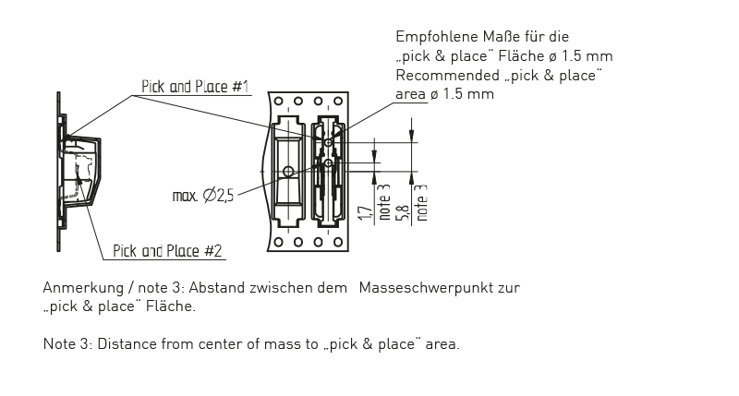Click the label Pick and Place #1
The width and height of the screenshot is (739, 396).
point(195,88)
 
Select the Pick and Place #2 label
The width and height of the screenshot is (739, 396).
point(167,250)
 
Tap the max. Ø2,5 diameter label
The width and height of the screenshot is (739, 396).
point(203,196)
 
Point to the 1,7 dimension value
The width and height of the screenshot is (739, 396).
point(363,213)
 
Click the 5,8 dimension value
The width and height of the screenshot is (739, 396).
point(402,213)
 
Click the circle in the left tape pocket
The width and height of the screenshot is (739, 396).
point(289,171)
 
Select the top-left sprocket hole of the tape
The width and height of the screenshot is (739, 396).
point(279,101)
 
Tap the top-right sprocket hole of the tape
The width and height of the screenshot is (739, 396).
point(334,101)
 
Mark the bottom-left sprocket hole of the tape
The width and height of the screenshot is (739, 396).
point(279,242)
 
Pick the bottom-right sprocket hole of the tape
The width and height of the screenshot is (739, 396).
point(334,242)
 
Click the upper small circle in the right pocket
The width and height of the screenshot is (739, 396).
point(328,143)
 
